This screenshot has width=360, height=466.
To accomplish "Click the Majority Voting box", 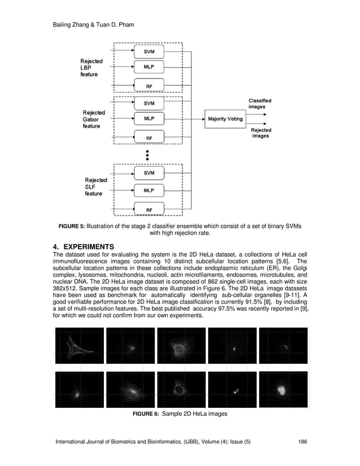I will (x=225, y=119).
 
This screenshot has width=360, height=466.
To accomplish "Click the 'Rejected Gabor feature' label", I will (x=93, y=119).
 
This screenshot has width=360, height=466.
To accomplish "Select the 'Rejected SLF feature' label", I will (x=95, y=187).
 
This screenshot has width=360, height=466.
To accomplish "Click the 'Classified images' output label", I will (x=260, y=103).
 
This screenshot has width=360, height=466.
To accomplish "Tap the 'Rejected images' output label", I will (x=260, y=133).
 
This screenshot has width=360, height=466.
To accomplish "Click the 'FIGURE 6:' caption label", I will (x=146, y=414).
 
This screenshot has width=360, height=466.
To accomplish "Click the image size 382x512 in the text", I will (x=63, y=288).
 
